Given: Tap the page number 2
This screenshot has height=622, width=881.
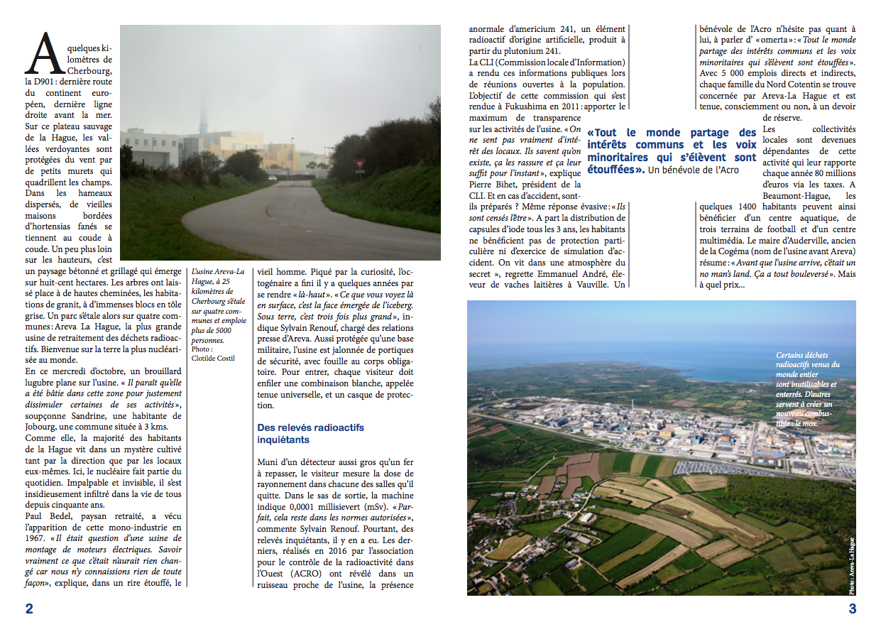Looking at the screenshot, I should [x=29, y=609].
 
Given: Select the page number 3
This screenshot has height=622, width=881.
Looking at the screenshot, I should [x=853, y=609].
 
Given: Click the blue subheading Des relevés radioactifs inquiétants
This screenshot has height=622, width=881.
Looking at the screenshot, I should [x=302, y=434].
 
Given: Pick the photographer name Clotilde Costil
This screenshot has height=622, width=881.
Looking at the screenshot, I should [x=214, y=358].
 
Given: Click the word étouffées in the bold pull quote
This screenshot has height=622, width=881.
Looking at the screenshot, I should [x=615, y=170].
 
